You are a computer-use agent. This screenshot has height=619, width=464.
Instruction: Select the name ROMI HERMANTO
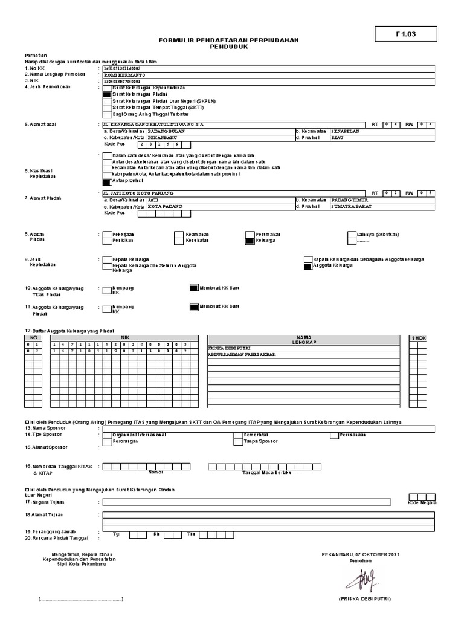pyautogui.click(x=124, y=74)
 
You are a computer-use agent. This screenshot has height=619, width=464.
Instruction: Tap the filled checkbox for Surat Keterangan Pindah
pyautogui.click(x=107, y=94)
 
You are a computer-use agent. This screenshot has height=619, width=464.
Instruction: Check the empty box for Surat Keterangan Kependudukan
pyautogui.click(x=107, y=88)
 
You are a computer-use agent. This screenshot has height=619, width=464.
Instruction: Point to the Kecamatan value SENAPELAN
pyautogui.click(x=345, y=131)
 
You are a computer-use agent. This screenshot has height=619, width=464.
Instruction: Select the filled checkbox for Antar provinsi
pyautogui.click(x=107, y=181)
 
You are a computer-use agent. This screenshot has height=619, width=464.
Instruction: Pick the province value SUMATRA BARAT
pyautogui.click(x=352, y=206)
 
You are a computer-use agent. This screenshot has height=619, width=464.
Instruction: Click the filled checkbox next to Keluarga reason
pyautogui.click(x=250, y=240)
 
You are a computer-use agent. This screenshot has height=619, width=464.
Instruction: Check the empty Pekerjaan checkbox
pyautogui.click(x=107, y=234)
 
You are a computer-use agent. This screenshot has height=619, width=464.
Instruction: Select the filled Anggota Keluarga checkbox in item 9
pyautogui.click(x=308, y=265)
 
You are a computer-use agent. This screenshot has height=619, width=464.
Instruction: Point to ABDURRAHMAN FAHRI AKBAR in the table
pyautogui.click(x=241, y=354)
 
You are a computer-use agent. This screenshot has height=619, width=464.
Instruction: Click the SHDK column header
pyautogui.click(x=419, y=338)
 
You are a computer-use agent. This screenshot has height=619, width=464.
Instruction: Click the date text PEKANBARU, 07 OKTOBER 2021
pyautogui.click(x=361, y=554)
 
